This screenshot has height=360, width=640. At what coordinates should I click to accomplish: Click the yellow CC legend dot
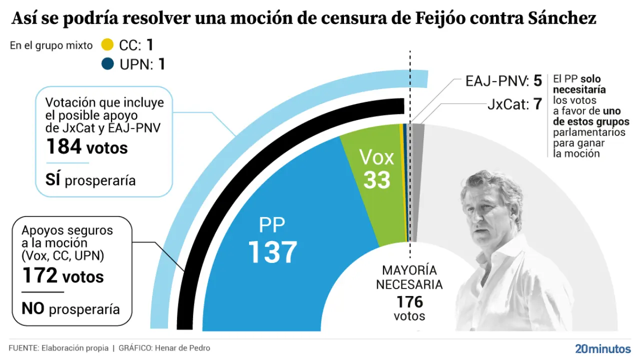[107, 45]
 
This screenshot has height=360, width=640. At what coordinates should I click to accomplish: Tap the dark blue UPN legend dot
[107, 64]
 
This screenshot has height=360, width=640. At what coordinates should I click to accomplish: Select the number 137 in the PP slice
[272, 251]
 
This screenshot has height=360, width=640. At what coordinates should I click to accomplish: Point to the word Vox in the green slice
[376, 158]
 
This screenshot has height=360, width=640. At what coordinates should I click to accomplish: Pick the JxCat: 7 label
[514, 105]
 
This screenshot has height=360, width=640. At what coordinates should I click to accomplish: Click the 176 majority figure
[409, 302]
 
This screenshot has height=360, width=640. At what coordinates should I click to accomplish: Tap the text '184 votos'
[86, 147]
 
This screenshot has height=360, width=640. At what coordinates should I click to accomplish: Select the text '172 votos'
[62, 276]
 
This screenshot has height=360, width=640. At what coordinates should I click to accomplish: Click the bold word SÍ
[53, 180]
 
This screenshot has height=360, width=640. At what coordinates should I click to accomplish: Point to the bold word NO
[33, 308]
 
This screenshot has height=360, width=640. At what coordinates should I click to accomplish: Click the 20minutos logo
[602, 348]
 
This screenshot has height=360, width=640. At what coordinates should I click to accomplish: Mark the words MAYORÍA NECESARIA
[409, 277]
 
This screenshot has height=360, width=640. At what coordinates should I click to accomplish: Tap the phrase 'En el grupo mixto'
[51, 45]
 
